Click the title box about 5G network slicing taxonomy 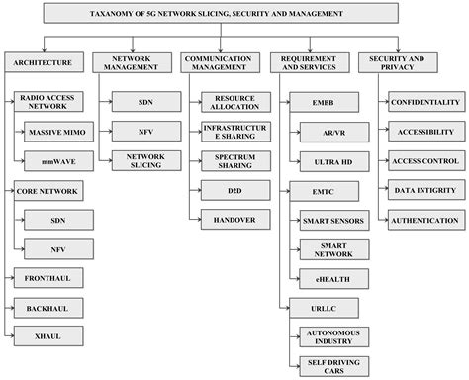click(234, 15)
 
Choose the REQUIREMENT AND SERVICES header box click(309, 62)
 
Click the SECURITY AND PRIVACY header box click(398, 62)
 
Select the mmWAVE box click(56, 158)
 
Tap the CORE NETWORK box click(46, 187)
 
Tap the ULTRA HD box click(325, 158)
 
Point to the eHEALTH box click(325, 278)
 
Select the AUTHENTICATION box click(423, 220)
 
